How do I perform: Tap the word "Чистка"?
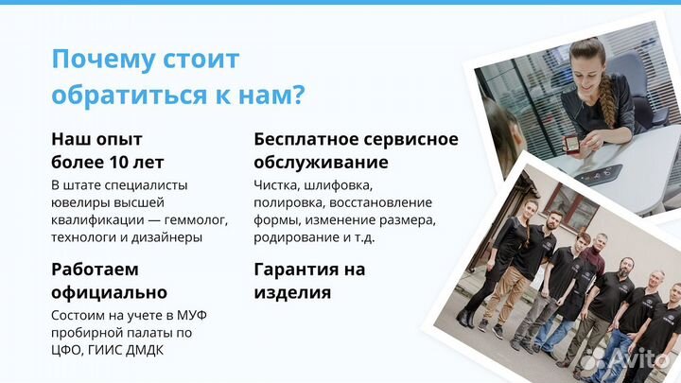pos(277,184)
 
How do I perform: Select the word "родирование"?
pos(294,237)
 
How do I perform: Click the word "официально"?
pos(109,292)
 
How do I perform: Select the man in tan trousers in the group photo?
pos(519,275)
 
